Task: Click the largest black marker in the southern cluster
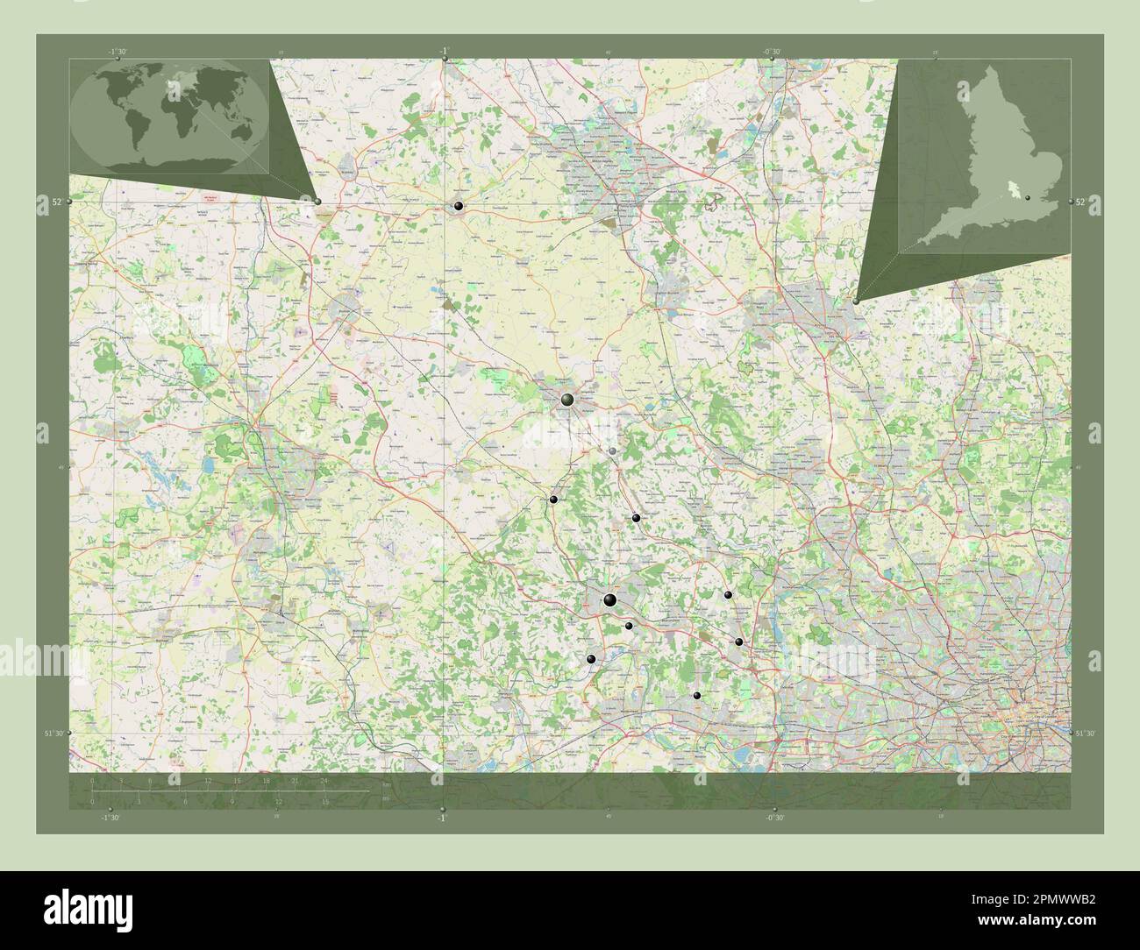click(x=609, y=600)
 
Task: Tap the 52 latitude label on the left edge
click(x=56, y=202)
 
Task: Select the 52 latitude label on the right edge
click(x=1081, y=202)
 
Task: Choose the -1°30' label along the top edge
click(x=117, y=52)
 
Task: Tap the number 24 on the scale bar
click(x=324, y=780)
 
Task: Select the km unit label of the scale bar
click(x=386, y=787)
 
